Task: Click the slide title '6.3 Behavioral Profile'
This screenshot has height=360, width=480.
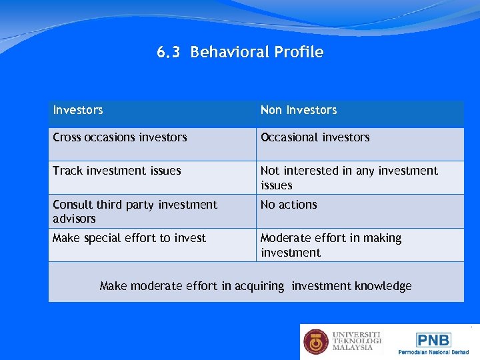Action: coord(240,52)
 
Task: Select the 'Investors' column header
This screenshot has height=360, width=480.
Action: coord(78,110)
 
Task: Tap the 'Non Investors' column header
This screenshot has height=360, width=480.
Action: coord(299,110)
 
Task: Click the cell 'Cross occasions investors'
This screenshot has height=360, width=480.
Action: coord(120,137)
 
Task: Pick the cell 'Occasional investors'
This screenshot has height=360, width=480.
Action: coord(315,137)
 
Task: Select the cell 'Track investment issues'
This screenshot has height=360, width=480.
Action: coord(117,171)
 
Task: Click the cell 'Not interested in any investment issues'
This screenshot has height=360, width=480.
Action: coord(349,177)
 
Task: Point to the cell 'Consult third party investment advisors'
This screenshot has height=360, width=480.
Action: coord(135,211)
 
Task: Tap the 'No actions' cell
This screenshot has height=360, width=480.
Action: coord(289,205)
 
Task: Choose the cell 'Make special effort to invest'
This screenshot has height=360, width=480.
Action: coord(129,238)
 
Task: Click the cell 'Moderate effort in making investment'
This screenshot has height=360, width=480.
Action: coord(331,245)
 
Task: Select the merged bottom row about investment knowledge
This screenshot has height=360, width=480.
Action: coord(255,286)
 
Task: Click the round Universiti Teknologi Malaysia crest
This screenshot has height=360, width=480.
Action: coord(316,342)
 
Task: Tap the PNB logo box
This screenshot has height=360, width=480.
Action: coord(433,339)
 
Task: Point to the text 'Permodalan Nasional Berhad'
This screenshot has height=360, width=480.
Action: coord(433,351)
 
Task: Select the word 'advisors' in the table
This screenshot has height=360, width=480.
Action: coord(74,219)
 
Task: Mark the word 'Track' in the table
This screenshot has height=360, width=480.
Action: coord(67,171)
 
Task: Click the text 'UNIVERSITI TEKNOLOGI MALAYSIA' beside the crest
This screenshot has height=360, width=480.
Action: coord(357,341)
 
